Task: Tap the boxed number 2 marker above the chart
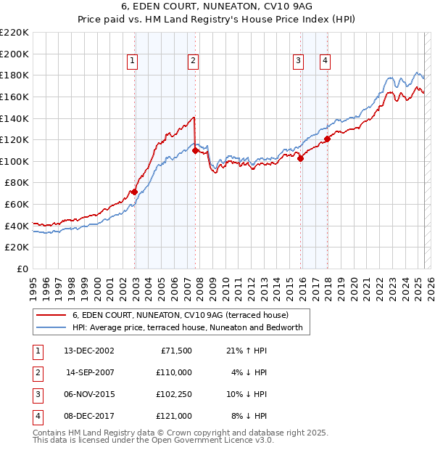tap(194, 62)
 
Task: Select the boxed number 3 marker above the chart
tap(298, 62)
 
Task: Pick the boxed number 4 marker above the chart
tap(325, 62)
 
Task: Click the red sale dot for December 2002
tap(134, 192)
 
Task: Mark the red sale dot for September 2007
tap(195, 150)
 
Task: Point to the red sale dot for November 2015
tap(300, 159)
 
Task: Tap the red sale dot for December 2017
tap(327, 139)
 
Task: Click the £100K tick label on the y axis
tap(14, 161)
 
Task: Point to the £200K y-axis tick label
tap(14, 54)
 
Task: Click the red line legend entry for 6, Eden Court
tap(180, 315)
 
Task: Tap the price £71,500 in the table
tap(175, 351)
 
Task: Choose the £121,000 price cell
tap(173, 416)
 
